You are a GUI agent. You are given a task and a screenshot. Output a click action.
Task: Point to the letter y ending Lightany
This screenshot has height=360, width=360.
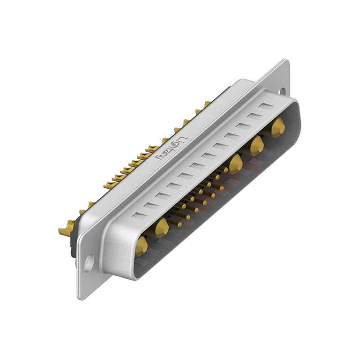(159, 157)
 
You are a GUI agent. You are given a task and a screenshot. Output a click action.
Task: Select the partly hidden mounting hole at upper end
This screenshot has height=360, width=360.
(282, 91)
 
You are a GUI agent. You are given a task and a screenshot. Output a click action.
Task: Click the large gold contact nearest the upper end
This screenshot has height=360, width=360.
(278, 127)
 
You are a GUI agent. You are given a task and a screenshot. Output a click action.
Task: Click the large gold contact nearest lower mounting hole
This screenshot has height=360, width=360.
(141, 246)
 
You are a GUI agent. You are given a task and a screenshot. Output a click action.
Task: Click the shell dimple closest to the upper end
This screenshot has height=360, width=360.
(266, 107)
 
